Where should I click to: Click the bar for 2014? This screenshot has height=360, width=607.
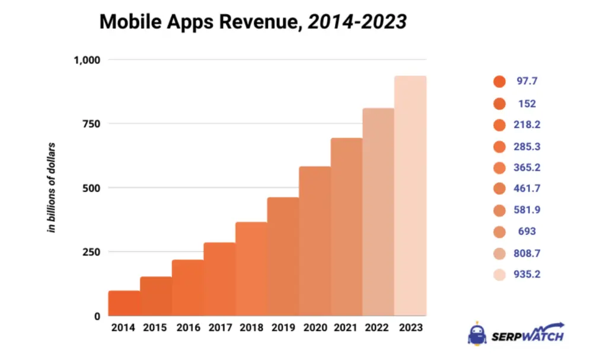[x=124, y=303]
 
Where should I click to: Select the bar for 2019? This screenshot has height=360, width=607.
[x=283, y=257]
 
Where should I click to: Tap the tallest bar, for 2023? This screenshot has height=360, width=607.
[x=410, y=196]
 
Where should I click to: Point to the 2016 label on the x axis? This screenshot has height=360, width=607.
[x=187, y=327]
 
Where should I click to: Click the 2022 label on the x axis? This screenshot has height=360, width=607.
[x=378, y=327]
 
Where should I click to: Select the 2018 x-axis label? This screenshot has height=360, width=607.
[x=251, y=327]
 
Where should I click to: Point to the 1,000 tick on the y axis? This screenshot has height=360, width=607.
[x=87, y=60]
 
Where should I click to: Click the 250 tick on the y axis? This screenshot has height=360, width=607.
[x=91, y=252]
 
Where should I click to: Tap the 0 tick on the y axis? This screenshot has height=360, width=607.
[x=97, y=316]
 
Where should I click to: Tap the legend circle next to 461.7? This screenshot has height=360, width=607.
[x=499, y=189]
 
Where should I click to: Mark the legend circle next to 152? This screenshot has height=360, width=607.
[x=499, y=104]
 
